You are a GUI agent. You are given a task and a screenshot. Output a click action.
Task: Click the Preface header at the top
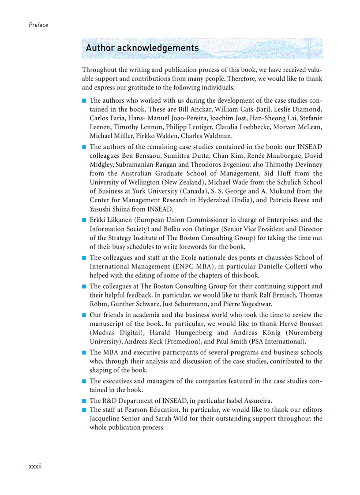tap(38, 25)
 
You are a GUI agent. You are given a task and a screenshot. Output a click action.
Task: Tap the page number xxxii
tap(35, 467)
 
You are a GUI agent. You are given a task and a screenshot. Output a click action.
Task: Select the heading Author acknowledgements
tap(142, 48)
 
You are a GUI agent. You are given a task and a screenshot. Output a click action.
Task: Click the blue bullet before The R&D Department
tap(84, 401)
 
